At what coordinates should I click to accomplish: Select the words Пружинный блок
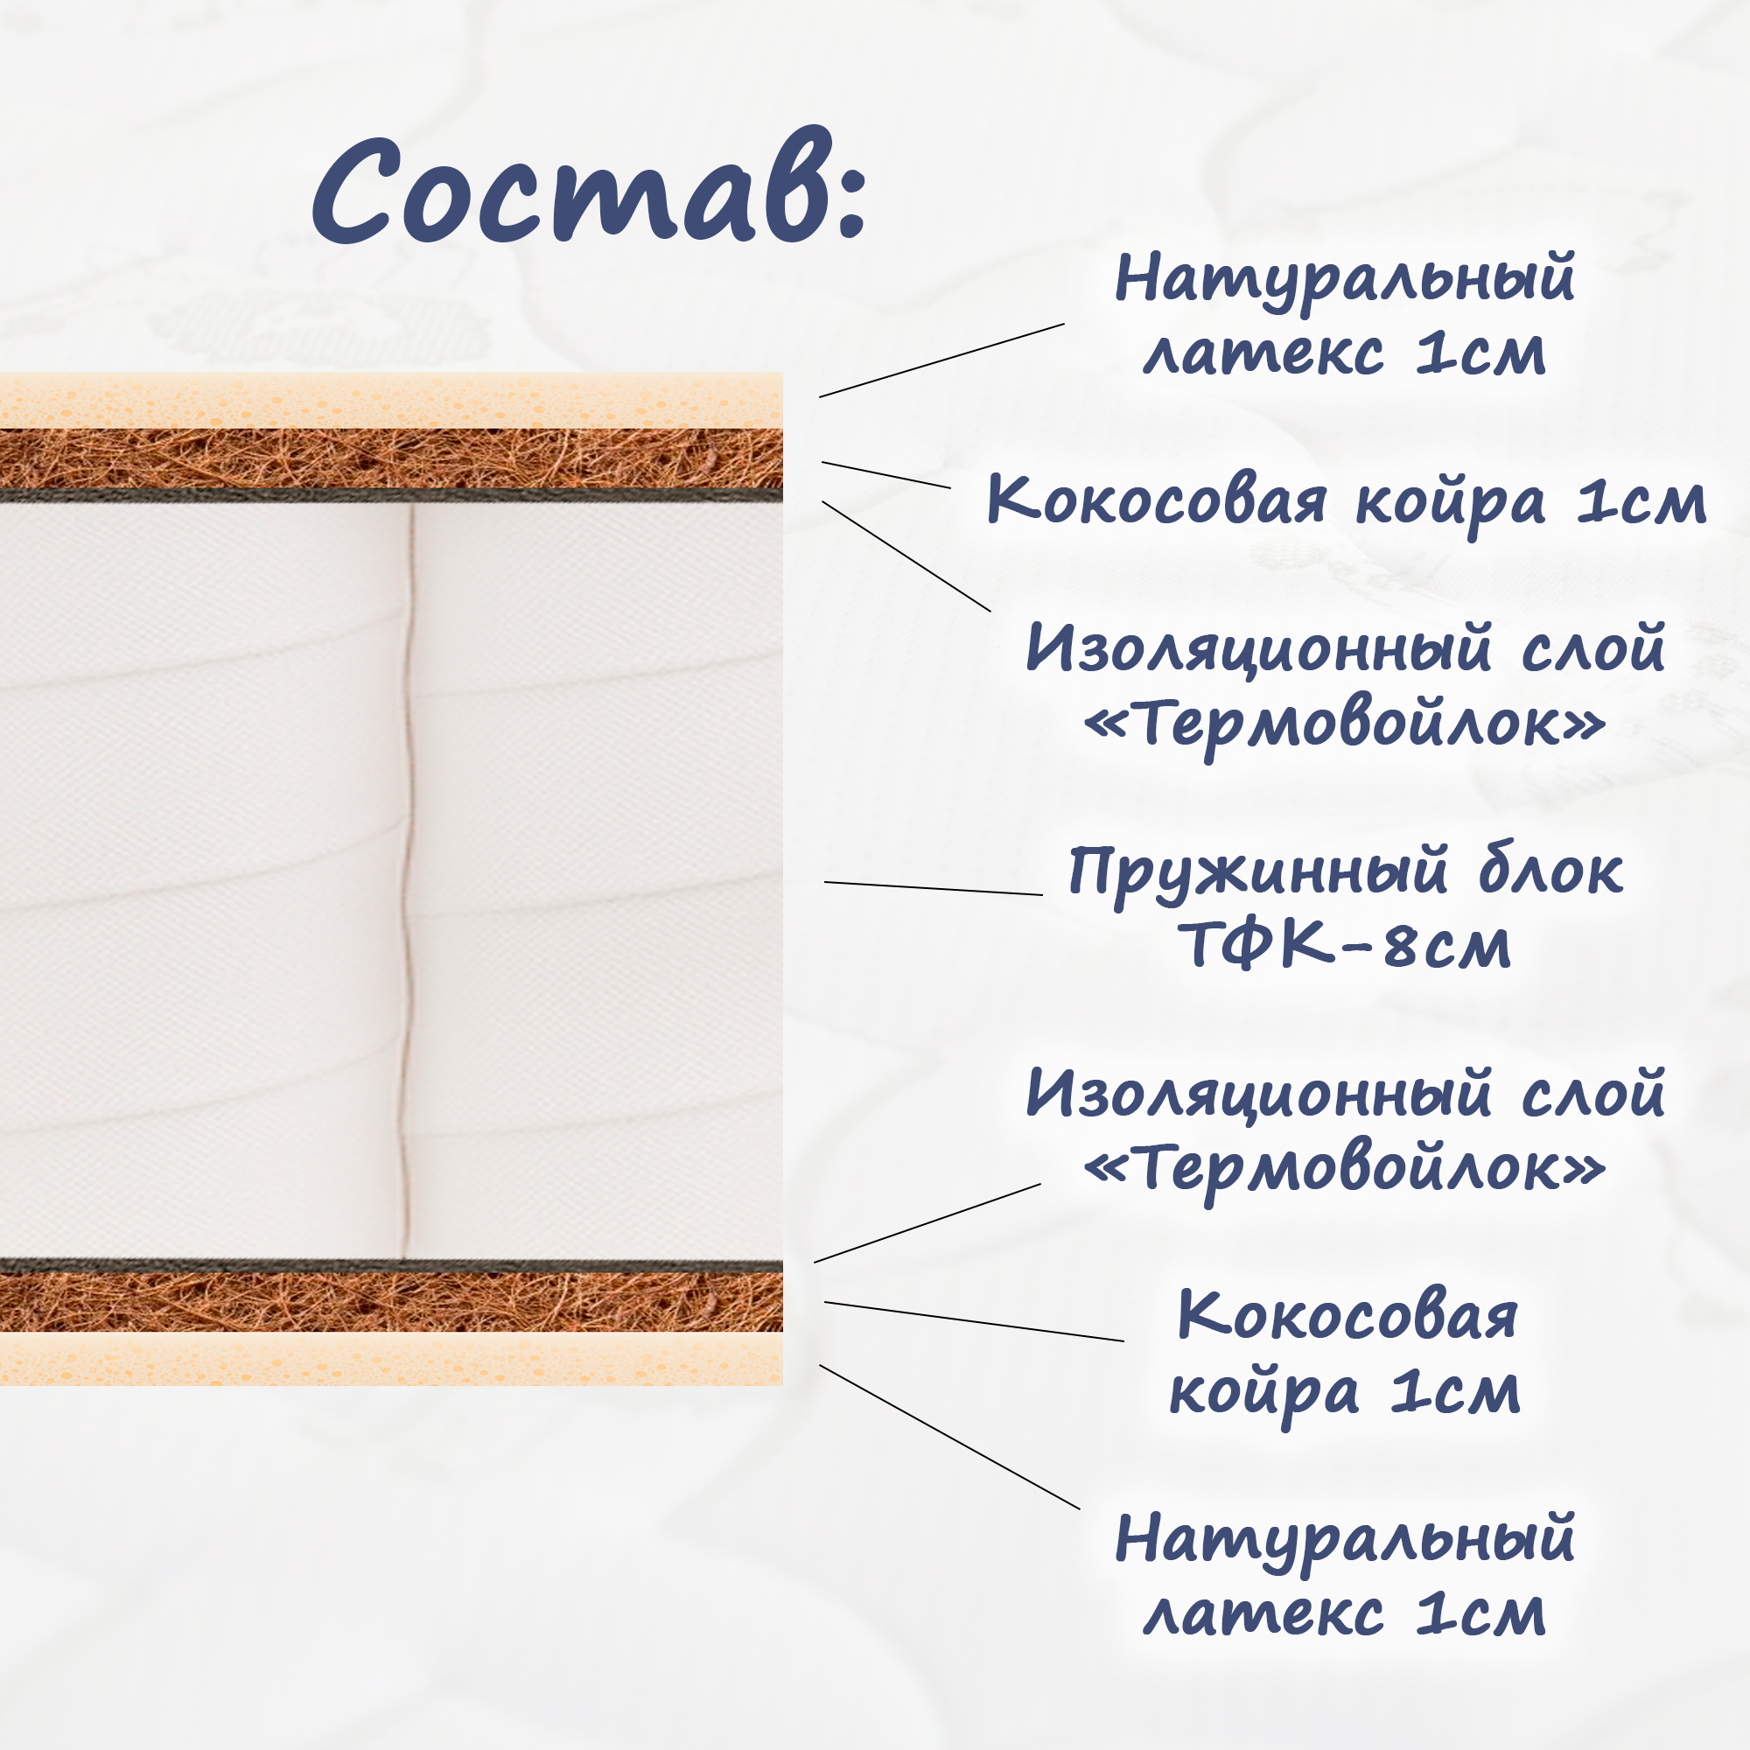pyautogui.click(x=1346, y=873)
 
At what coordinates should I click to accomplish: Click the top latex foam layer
pyautogui.click(x=391, y=401)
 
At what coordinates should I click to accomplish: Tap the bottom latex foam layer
pyautogui.click(x=391, y=1358)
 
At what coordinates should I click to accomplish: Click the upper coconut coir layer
pyautogui.click(x=391, y=459)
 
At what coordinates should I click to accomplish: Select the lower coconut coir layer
pyautogui.click(x=391, y=1302)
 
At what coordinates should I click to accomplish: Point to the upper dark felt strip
pyautogui.click(x=391, y=495)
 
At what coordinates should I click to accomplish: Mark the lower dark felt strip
pyautogui.click(x=391, y=1265)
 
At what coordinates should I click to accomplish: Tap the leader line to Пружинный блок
pyautogui.click(x=933, y=887)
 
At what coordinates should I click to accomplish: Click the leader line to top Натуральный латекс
pyautogui.click(x=942, y=360)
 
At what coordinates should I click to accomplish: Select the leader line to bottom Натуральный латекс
pyautogui.click(x=949, y=1438)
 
